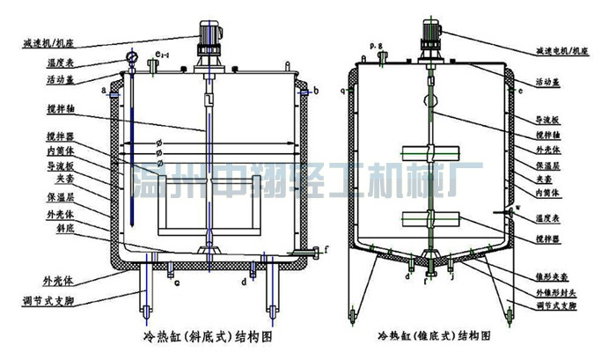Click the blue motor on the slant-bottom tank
pyautogui.click(x=209, y=33)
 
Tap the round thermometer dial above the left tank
pyautogui.click(x=132, y=59)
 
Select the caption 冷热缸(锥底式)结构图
pyautogui.click(x=436, y=337)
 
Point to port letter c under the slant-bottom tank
pyautogui.click(x=177, y=283)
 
